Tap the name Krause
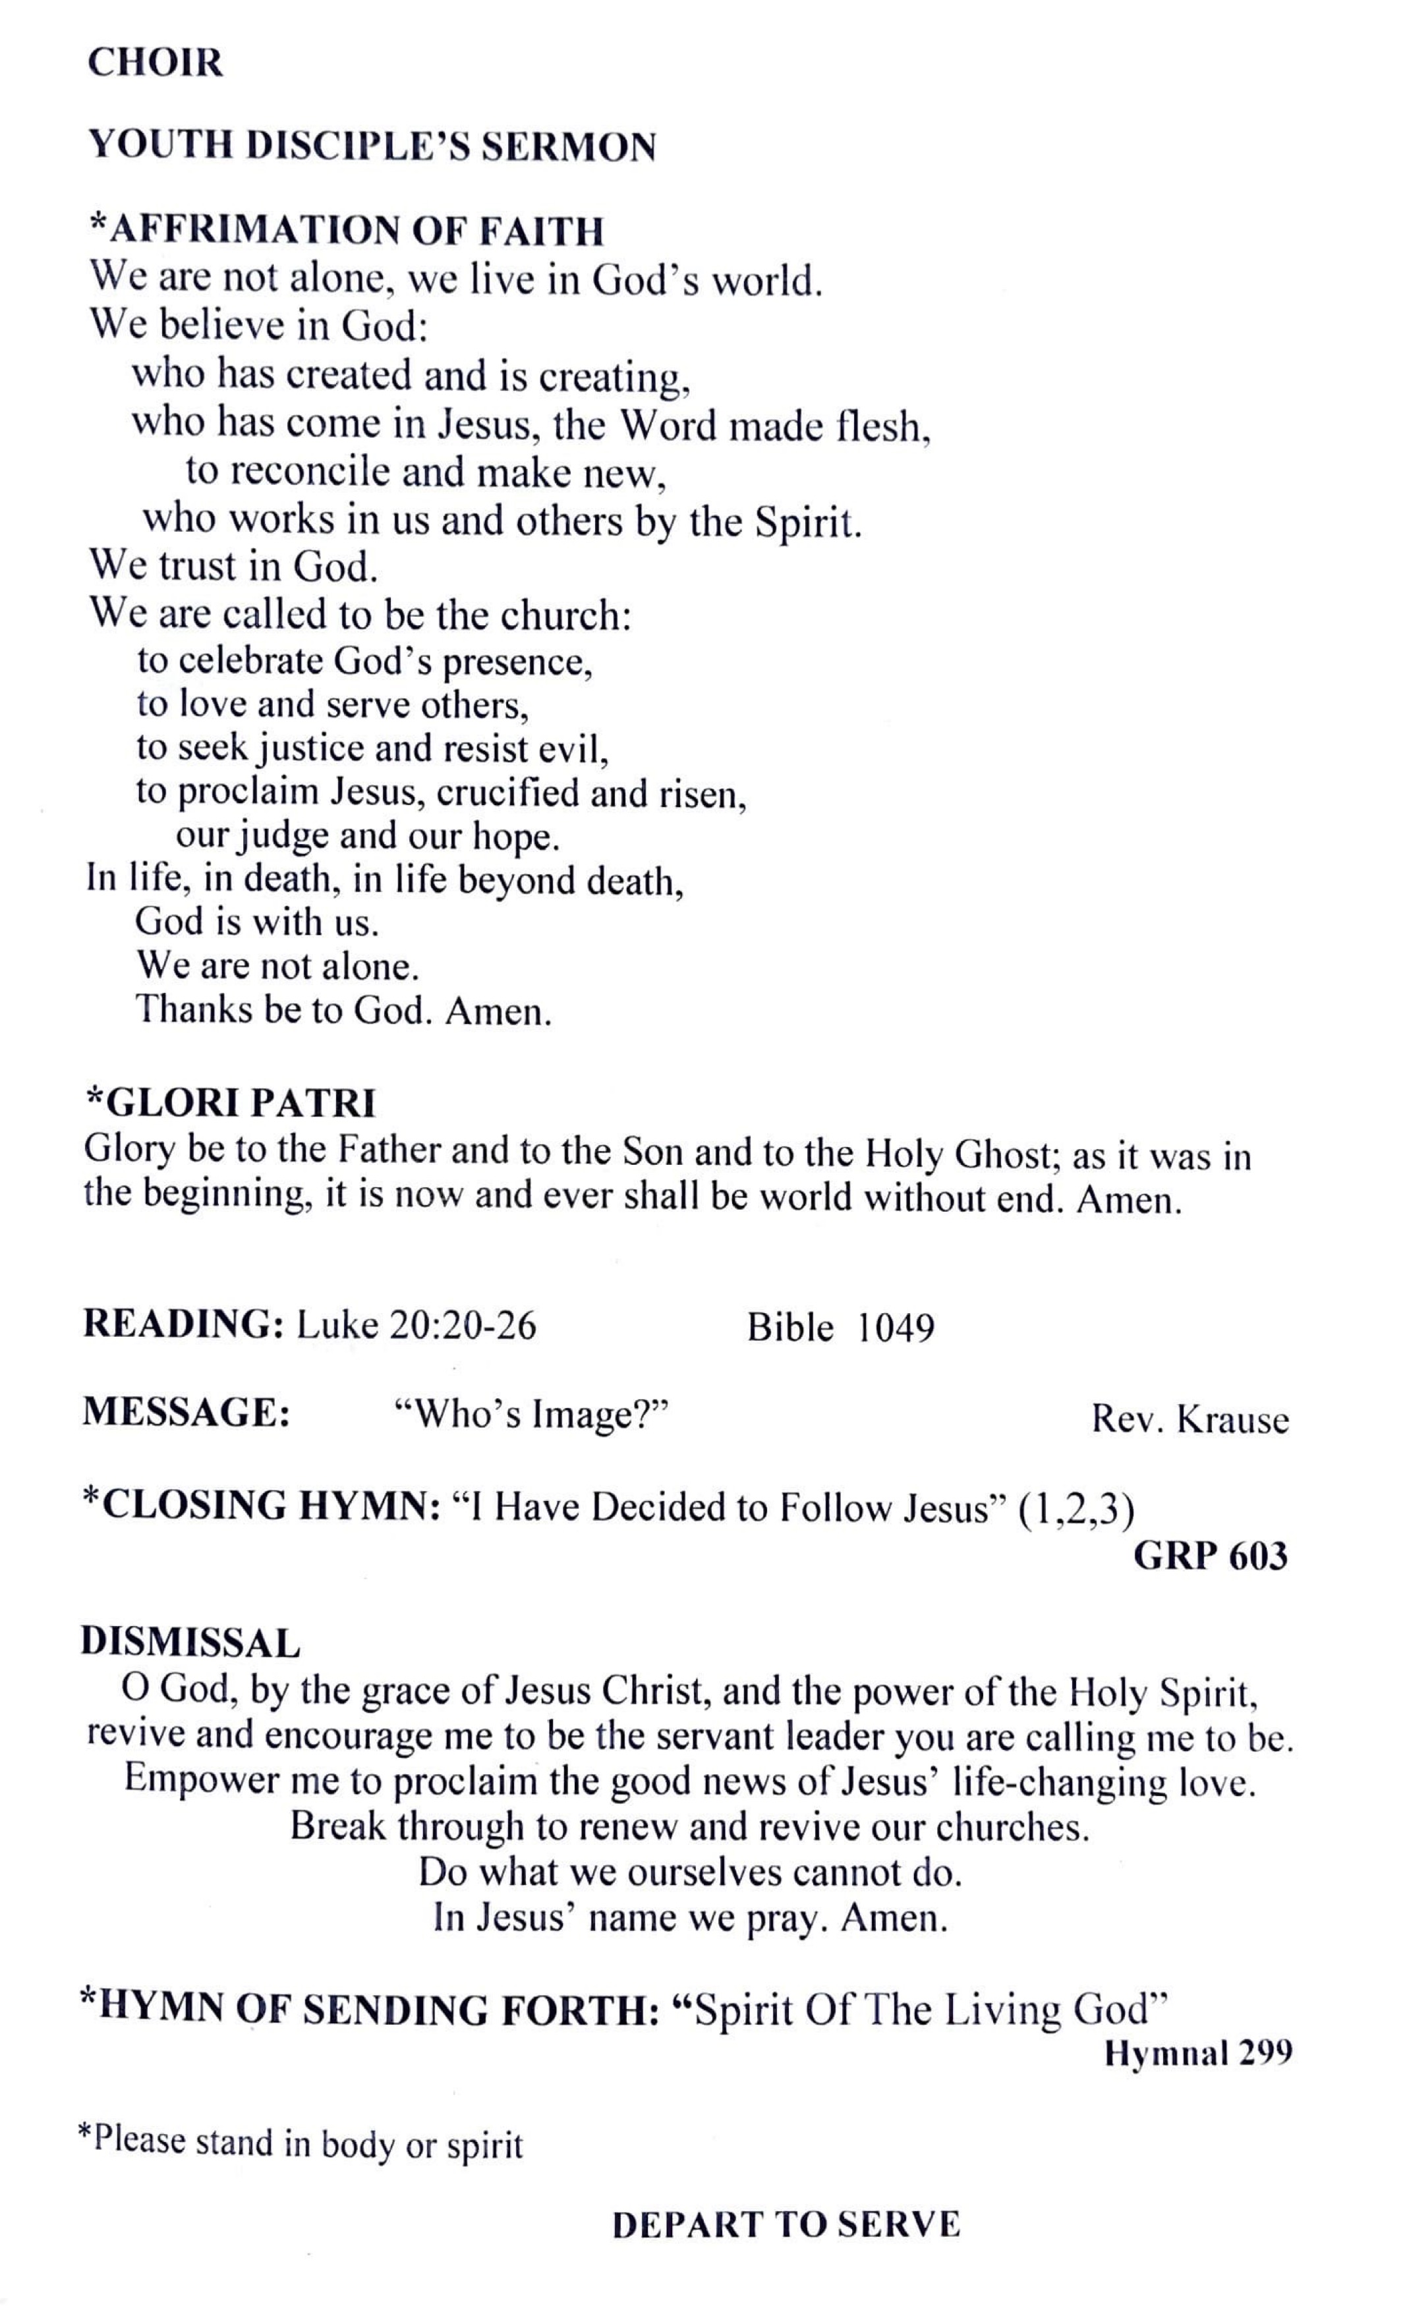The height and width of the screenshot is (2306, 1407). tap(1232, 1420)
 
